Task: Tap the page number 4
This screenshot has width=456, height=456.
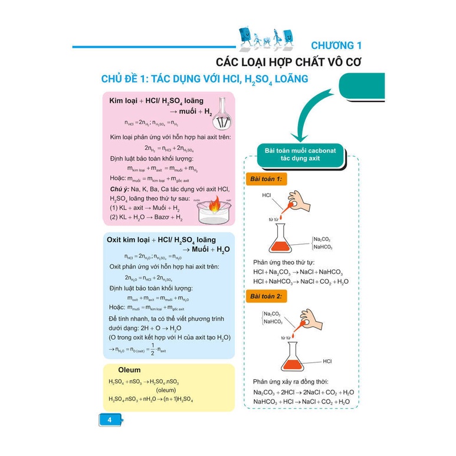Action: (x=109, y=419)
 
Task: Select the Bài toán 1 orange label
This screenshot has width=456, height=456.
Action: (x=266, y=179)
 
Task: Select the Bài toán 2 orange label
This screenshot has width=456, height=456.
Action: (x=266, y=296)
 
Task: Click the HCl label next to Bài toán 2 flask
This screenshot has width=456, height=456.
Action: (x=328, y=360)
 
